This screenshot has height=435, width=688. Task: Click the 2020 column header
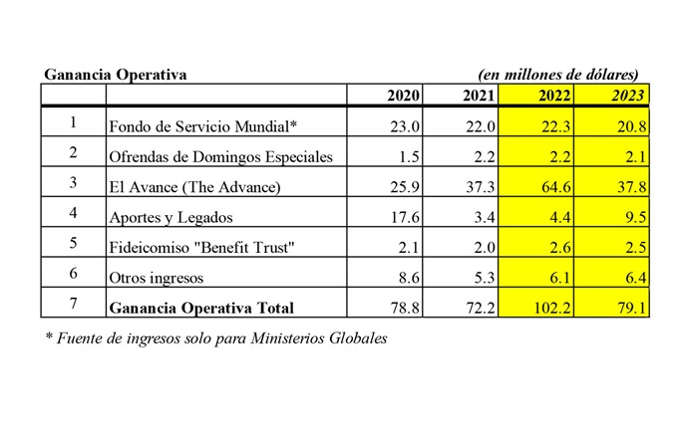point(404,96)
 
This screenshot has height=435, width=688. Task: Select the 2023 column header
point(628,96)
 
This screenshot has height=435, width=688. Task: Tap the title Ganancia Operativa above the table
point(116,75)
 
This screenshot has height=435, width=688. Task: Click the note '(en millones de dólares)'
point(558,75)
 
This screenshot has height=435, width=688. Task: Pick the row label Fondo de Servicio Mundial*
point(203,125)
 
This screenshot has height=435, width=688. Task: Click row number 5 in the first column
point(72,245)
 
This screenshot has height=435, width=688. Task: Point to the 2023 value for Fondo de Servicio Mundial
point(629,125)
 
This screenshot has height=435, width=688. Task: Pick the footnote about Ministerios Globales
point(216,338)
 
